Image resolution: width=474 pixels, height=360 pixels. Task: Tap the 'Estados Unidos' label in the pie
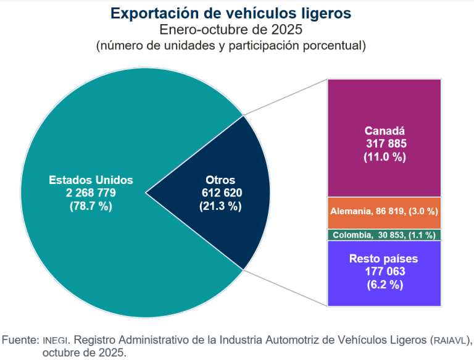click(x=91, y=180)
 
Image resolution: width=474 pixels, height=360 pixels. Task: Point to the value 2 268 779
click(x=91, y=193)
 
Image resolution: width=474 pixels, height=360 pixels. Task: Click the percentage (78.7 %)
click(x=91, y=206)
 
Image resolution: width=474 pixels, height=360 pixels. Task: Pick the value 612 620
click(x=220, y=193)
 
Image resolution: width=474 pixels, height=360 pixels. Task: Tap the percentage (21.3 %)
click(x=220, y=206)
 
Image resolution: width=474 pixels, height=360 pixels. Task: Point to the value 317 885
click(x=384, y=143)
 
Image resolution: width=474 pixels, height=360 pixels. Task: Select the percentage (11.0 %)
click(x=384, y=157)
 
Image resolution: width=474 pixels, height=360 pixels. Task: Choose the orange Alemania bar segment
click(x=384, y=212)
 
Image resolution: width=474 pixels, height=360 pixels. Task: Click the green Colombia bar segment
click(x=384, y=235)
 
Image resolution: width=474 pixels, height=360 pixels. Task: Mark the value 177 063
click(x=384, y=271)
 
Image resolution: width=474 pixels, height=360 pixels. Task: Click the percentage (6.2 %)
click(x=384, y=285)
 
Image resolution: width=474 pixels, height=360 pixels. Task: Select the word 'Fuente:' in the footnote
click(x=20, y=340)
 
